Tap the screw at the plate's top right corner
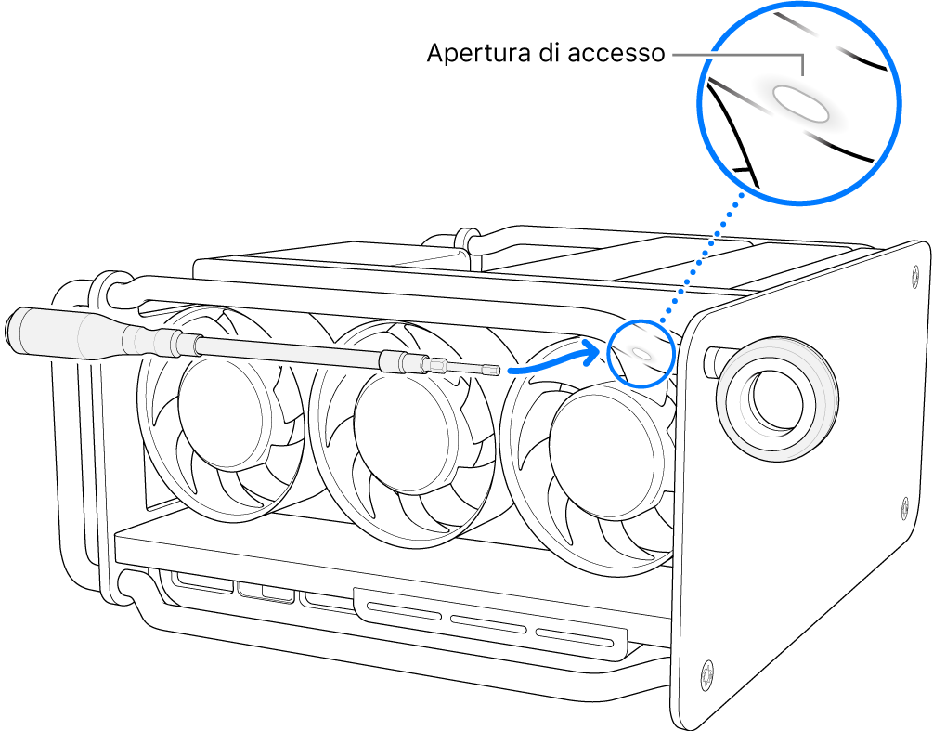click(912, 270)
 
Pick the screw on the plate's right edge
click(906, 507)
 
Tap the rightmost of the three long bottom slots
click(576, 640)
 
